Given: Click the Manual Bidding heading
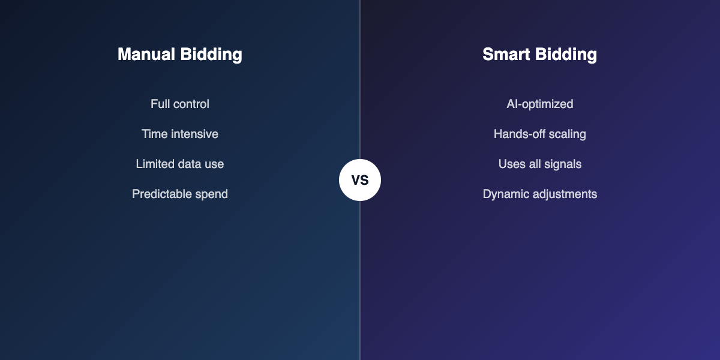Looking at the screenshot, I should [x=180, y=55].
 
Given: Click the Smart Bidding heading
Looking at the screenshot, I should [x=539, y=55].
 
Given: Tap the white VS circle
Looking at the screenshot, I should [x=360, y=180].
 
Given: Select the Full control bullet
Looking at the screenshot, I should [x=180, y=104].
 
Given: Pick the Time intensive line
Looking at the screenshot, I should [x=180, y=134].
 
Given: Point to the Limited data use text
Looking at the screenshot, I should [x=180, y=164].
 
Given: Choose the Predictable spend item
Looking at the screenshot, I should [x=180, y=194].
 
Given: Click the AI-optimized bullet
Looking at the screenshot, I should [x=539, y=104].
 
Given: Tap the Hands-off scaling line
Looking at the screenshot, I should [x=539, y=134].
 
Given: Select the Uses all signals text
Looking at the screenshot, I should [x=539, y=164].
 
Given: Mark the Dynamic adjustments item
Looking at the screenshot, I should [x=539, y=194].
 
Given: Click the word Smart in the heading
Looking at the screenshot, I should [x=505, y=55].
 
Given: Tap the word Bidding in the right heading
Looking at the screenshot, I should [x=566, y=55].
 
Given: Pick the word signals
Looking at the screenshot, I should [x=563, y=164].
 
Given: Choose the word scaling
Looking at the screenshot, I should [x=566, y=134].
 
